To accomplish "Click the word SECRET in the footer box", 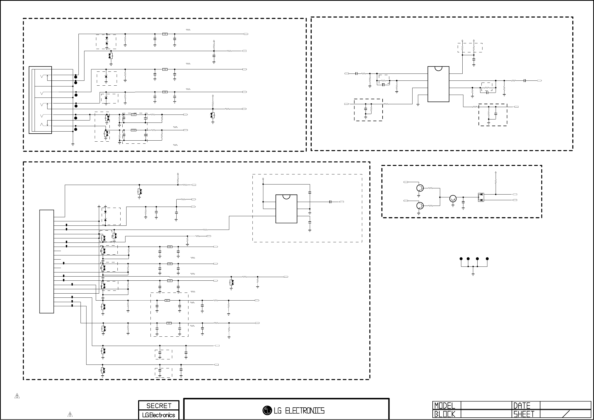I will coord(159,406).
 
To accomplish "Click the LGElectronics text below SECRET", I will coord(159,415).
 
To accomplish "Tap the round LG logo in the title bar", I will coord(267,410).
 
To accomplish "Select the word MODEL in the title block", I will coord(445,406).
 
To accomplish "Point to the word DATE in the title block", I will coord(521,406).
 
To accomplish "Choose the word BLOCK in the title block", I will coord(445,414).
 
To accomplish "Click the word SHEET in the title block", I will coord(524,414).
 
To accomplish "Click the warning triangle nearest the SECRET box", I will coord(70,414).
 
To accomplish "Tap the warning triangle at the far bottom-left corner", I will coord(17,396).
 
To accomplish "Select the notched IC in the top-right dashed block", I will coord(438,84).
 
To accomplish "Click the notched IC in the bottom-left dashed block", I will coord(286,209).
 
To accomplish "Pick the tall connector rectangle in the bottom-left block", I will coord(46,261).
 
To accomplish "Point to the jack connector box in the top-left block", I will coord(40,100).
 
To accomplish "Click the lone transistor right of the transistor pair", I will coord(453,199).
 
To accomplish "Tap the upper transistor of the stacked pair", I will coord(420,188).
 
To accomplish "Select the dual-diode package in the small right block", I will coord(481,197).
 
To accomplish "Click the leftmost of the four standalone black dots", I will coord(461,259).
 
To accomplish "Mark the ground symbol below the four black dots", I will coord(473,274).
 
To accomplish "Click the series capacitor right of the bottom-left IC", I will coord(330,202).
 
